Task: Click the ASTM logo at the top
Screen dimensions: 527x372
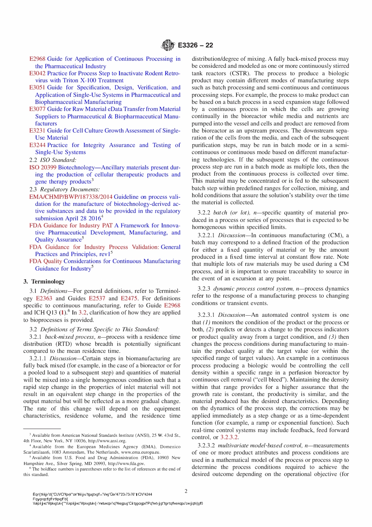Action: pyautogui.click(x=168, y=45)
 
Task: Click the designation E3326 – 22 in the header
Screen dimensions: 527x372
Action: pyautogui.click(x=195, y=45)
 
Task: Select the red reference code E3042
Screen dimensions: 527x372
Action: pyautogui.click(x=37, y=73)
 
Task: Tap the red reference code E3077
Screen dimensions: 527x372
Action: pyautogui.click(x=37, y=109)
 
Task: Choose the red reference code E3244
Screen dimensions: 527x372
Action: pyautogui.click(x=37, y=145)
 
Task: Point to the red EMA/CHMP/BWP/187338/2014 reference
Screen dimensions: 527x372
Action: pyautogui.click(x=70, y=197)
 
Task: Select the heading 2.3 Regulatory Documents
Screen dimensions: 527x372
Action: pyautogui.click(x=59, y=189)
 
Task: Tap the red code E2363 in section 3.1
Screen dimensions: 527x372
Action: pyautogui.click(x=44, y=298)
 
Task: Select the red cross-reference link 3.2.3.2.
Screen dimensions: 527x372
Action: pyautogui.click(x=229, y=437)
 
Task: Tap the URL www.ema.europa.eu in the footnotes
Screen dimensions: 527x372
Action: pyautogui.click(x=140, y=452)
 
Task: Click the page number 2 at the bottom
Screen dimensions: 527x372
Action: pyautogui.click(x=186, y=491)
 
